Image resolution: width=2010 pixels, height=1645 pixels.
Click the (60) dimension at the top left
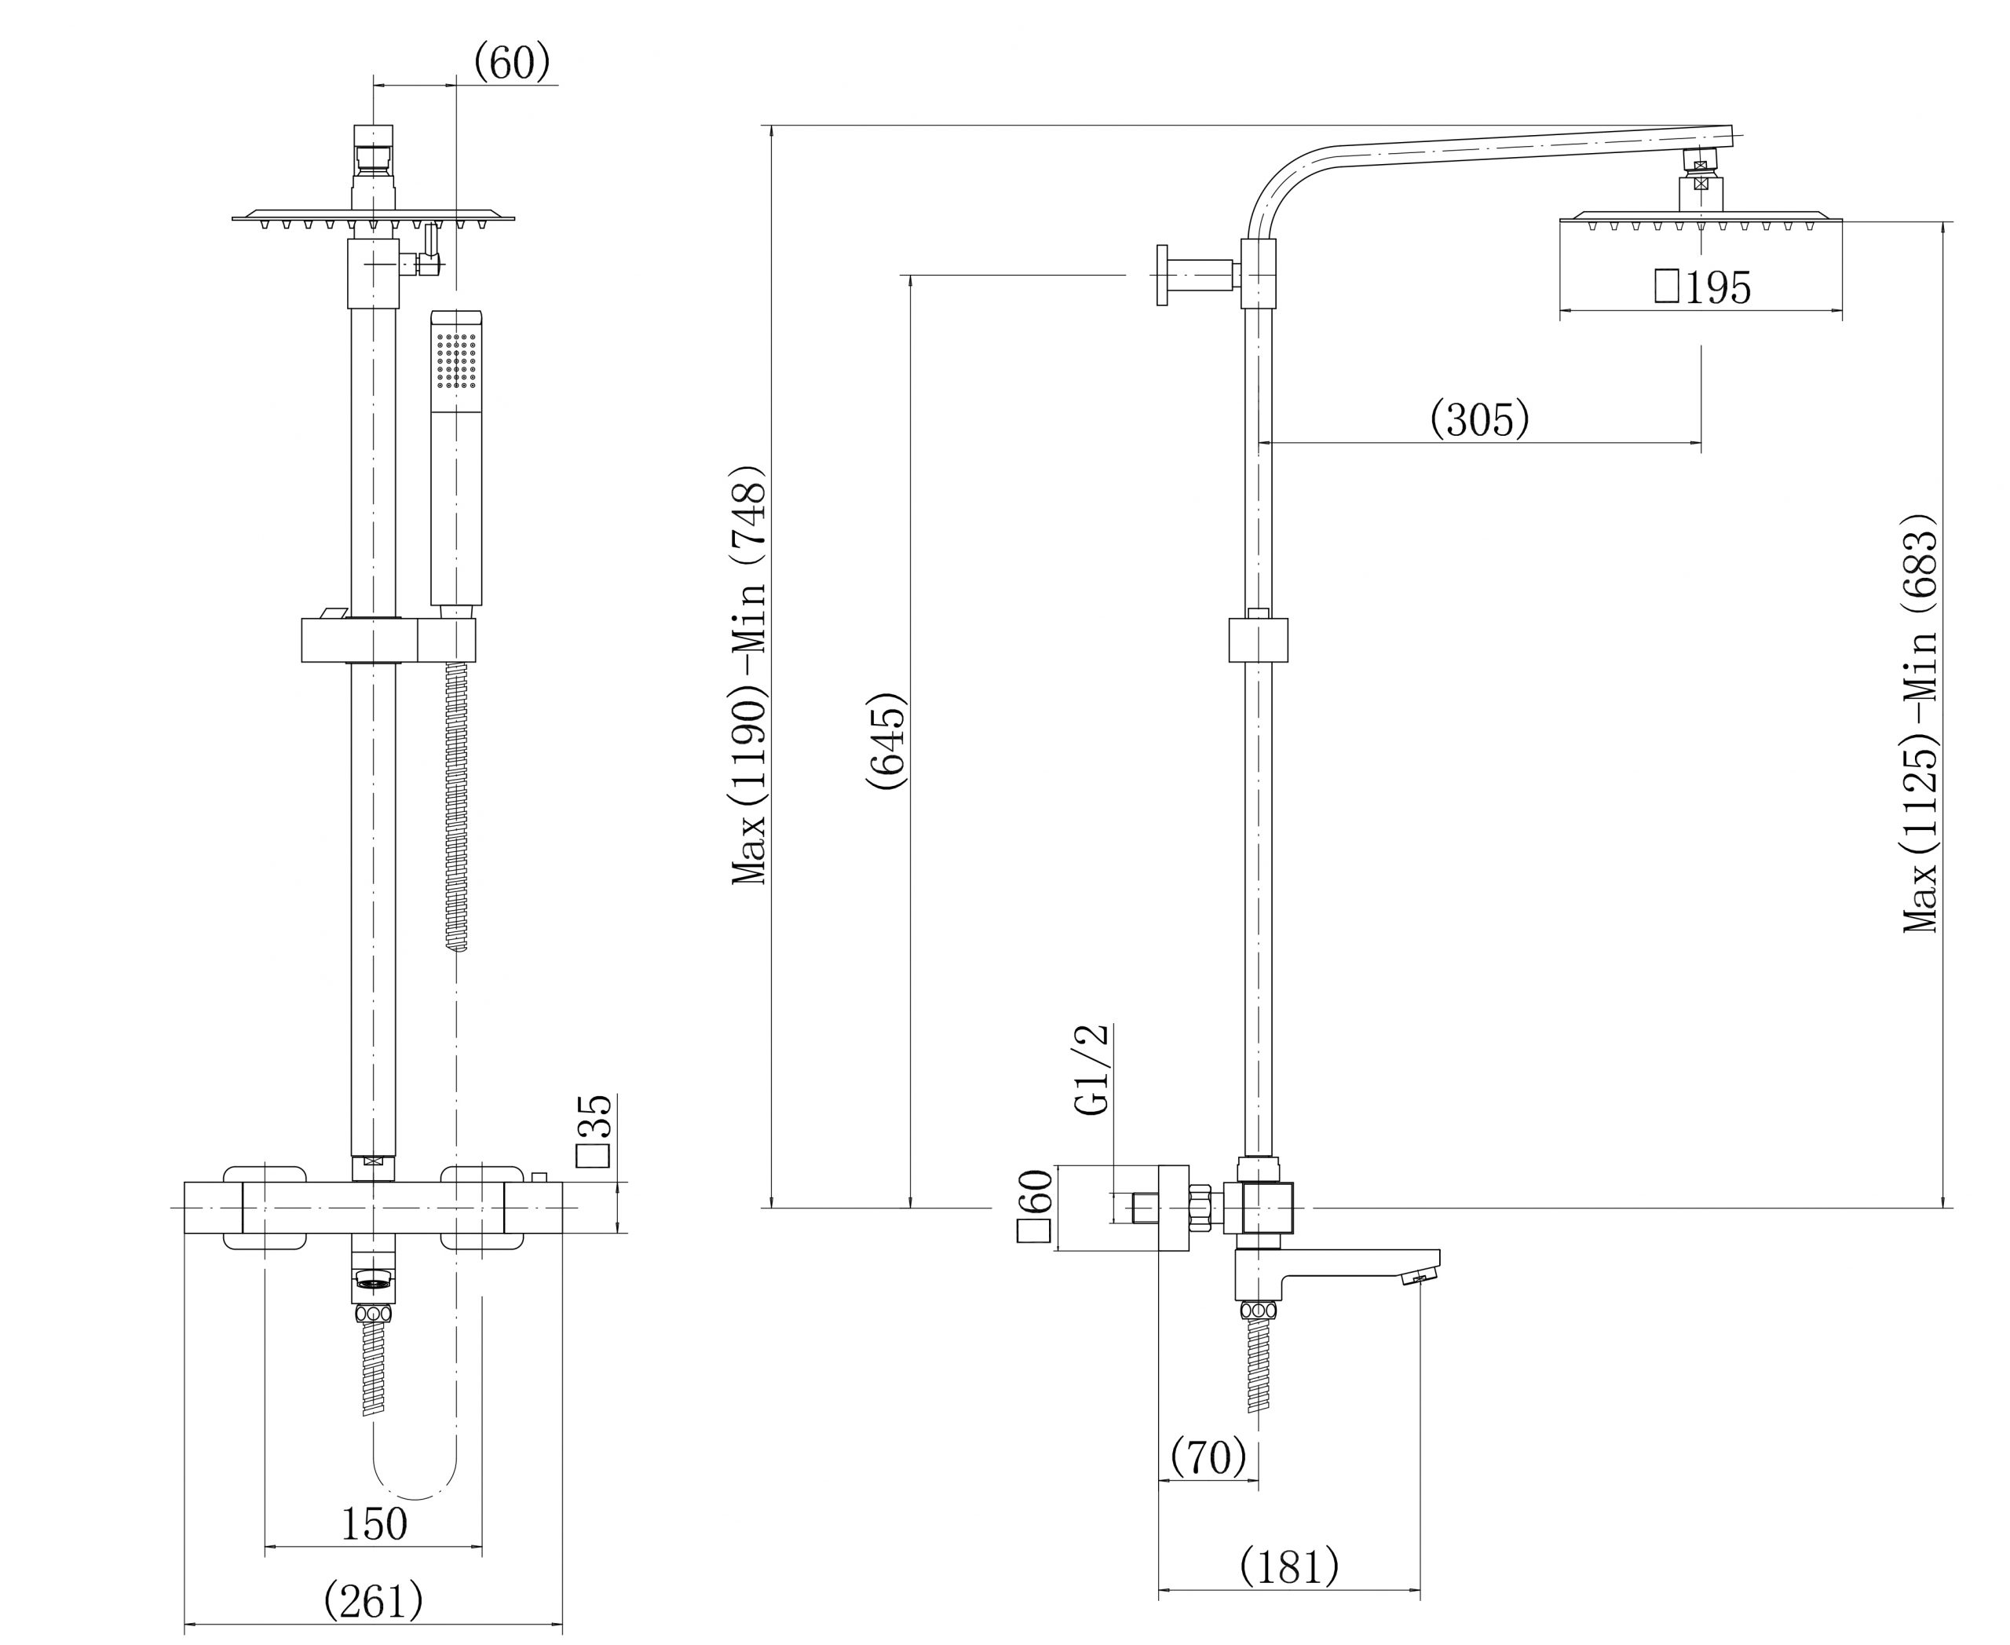[x=512, y=63]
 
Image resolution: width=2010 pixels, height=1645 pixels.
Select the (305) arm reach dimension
[x=1479, y=418]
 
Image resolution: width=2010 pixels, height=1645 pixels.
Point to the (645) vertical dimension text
[x=887, y=742]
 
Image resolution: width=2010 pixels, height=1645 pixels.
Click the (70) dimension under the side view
[x=1208, y=1457]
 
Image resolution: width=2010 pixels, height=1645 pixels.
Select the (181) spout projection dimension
[x=1288, y=1566]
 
